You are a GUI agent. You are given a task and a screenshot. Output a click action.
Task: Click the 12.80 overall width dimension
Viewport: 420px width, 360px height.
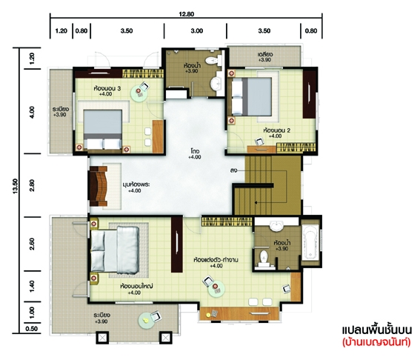tap(187, 13)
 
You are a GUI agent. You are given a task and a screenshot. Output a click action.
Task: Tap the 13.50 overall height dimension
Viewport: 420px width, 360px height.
tap(16, 186)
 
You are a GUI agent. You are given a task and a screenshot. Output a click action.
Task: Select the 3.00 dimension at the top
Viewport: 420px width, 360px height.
tap(196, 31)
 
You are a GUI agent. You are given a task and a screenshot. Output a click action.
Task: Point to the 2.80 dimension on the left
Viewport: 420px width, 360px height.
tap(32, 185)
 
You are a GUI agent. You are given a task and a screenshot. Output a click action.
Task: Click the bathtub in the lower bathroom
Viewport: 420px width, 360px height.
tap(310, 243)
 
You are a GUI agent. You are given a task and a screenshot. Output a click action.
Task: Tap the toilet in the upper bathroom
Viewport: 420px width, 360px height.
tap(213, 61)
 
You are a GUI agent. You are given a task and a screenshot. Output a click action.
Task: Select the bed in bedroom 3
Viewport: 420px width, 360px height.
tap(103, 129)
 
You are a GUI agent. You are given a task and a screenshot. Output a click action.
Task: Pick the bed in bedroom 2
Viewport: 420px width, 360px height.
tap(251, 96)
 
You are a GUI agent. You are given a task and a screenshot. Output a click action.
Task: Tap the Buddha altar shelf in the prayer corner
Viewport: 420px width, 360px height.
tap(99, 186)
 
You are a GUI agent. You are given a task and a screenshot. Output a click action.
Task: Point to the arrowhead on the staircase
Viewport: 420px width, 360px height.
tap(256, 202)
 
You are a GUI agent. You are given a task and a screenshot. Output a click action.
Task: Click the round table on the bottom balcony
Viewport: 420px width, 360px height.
tap(146, 321)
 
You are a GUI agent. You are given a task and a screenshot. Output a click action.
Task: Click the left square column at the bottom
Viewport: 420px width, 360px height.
tap(102, 338)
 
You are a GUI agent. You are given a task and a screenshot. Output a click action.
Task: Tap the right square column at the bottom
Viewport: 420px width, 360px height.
tap(166, 338)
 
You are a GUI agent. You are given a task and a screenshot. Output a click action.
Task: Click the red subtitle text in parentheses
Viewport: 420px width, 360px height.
tap(376, 342)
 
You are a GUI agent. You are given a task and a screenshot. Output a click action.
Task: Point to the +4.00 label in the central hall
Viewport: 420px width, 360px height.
tap(195, 157)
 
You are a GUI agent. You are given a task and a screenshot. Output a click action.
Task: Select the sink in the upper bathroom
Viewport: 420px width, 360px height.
tap(216, 83)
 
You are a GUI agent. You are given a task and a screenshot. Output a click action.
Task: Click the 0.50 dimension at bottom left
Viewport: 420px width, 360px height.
tap(31, 329)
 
